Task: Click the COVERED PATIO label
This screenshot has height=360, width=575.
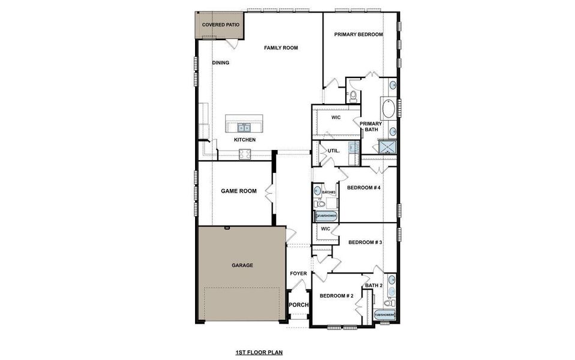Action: point(220,25)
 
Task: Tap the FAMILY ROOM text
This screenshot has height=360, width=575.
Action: point(281,48)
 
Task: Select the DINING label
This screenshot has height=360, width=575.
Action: point(221,62)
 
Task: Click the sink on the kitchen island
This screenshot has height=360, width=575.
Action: point(244,127)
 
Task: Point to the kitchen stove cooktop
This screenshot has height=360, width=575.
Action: point(245,154)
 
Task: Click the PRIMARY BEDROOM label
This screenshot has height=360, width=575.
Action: point(358,35)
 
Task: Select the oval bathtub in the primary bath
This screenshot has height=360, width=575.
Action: point(388,109)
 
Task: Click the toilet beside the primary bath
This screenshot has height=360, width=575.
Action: point(353,95)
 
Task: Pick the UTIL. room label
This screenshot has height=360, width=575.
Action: point(333,151)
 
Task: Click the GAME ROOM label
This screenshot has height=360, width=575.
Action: point(238,191)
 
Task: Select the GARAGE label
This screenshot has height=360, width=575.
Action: point(242,265)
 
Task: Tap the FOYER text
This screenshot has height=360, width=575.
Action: point(298,274)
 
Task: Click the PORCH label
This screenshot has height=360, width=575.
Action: point(298,305)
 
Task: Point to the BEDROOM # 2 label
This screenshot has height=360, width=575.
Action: point(336,296)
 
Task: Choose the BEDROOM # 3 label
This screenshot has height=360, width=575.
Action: point(365,242)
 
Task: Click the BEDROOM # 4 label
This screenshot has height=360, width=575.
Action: point(364,188)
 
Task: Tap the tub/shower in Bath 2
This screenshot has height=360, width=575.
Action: point(385,314)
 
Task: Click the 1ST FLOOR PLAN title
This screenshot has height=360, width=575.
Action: point(259,353)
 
